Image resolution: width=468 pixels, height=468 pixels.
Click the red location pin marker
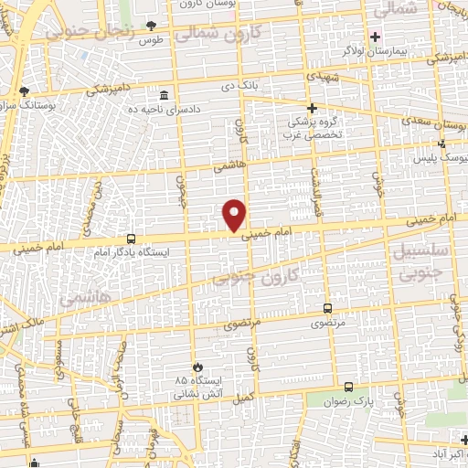[x=235, y=214]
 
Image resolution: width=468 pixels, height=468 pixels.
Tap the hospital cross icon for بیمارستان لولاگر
[x=375, y=37]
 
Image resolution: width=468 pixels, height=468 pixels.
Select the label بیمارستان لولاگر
[x=413, y=52]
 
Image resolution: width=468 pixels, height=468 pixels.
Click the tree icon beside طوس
[x=151, y=25]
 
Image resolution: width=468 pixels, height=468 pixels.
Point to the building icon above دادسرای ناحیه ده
[x=164, y=95]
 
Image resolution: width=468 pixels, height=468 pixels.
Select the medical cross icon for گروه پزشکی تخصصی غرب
[x=312, y=107]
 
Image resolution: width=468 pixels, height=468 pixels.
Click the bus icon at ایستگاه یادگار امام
[x=132, y=237]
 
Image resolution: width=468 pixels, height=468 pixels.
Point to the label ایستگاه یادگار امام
[x=133, y=250]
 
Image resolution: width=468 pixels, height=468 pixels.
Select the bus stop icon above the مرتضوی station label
[x=329, y=308]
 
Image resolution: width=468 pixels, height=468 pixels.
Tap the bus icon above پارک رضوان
[x=348, y=387]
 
